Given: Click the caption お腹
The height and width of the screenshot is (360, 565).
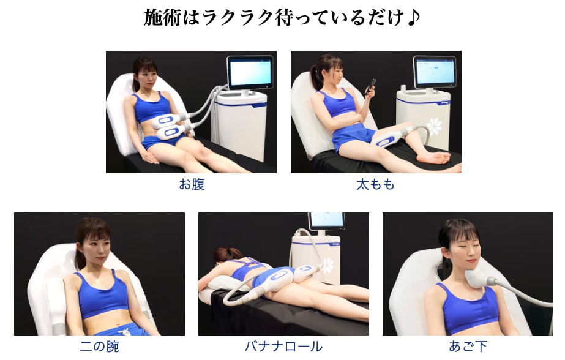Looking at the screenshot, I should tap(192, 184).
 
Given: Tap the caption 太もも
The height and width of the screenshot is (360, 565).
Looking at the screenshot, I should tap(375, 184).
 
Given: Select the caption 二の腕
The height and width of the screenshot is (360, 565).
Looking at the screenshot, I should tap(99, 347).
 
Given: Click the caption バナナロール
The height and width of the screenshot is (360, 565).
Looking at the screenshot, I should tap(283, 347).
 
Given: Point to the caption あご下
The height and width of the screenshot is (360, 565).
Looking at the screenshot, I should tap(468, 347).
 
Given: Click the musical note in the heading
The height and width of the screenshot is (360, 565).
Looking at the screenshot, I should tap(414, 18).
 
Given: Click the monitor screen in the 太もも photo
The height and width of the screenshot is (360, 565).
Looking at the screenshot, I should tap(435, 72).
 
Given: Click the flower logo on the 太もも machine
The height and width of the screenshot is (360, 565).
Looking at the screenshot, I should tap(436, 126).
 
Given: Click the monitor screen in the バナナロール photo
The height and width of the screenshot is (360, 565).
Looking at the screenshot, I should tap(326, 220).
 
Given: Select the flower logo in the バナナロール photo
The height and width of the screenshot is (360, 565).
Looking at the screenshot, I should tap(327, 265).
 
